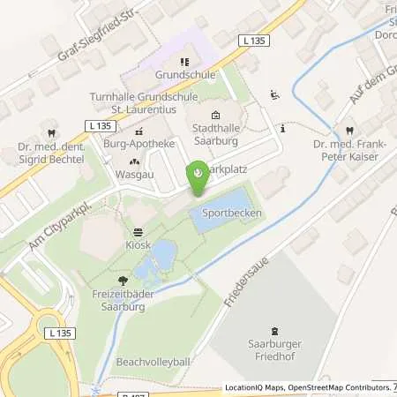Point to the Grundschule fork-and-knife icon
pos(184,62)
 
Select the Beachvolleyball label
pos(155,363)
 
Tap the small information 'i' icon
pos(281,129)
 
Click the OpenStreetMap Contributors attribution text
pos(339,387)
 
